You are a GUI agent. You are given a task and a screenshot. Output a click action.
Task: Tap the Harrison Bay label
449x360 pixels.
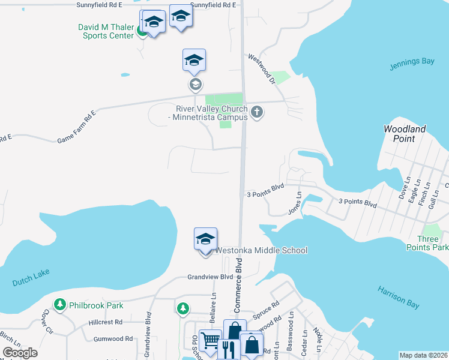click(x=399, y=298)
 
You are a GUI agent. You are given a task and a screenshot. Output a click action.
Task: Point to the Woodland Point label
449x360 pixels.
click(x=405, y=134)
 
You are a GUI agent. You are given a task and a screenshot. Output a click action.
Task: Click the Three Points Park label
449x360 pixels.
click(x=432, y=243)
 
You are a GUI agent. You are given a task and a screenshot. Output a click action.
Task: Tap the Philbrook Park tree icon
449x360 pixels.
click(x=60, y=305)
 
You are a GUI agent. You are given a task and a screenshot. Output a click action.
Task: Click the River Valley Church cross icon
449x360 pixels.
click(x=258, y=112)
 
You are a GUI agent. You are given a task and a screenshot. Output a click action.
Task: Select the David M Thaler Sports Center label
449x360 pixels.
click(x=106, y=31)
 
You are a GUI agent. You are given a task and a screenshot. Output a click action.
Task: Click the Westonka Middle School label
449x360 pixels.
click(x=261, y=250)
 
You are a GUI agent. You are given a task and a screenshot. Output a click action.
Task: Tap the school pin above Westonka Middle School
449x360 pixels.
click(x=205, y=239)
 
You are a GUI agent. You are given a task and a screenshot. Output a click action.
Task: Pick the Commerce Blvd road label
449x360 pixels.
click(x=238, y=286)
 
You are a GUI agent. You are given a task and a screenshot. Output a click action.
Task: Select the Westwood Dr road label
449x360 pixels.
click(x=261, y=69)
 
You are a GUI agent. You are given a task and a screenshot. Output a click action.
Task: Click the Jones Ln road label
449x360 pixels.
click(x=294, y=203)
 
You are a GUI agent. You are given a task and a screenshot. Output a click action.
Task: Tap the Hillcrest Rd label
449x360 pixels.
click(x=106, y=322)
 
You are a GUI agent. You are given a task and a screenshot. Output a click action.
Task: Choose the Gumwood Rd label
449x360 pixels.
click(x=113, y=339)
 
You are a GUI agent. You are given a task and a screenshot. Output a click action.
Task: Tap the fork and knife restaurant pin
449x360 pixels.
click(x=227, y=349)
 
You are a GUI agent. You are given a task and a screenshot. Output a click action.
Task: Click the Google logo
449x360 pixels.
click(x=20, y=353)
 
